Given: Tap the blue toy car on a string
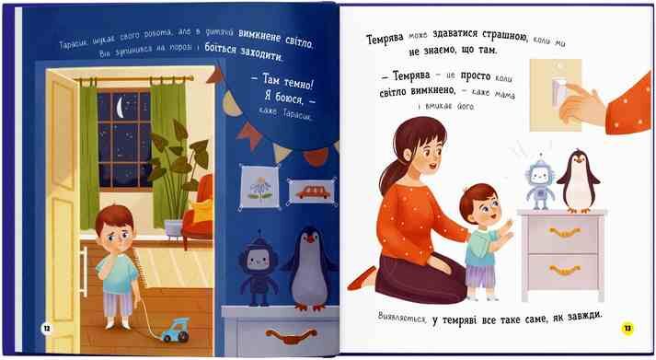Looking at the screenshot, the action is click(176, 330).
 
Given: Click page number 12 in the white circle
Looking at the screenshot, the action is click(47, 328).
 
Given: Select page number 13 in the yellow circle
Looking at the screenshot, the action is click(627, 328).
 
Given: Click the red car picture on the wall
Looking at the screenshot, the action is click(313, 192).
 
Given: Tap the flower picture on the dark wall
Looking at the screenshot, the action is click(259, 187).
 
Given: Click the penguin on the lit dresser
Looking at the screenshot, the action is click(579, 180).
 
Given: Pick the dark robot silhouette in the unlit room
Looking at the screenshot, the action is click(258, 268).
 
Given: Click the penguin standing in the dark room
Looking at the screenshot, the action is click(309, 270).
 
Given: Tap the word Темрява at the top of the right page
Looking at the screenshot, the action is click(385, 39).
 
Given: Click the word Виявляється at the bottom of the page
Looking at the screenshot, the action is click(402, 317).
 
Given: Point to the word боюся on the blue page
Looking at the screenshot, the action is click(289, 98).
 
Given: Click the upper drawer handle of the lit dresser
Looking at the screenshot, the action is click(565, 232).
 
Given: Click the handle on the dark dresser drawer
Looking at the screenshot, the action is click(291, 335).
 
